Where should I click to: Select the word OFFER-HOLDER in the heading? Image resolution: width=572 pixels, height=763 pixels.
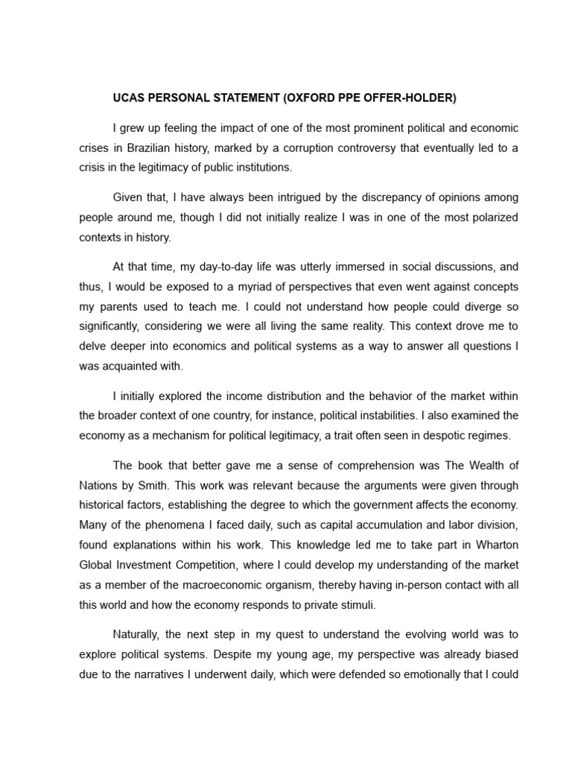point(410,98)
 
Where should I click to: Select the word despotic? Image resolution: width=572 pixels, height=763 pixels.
point(437,435)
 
